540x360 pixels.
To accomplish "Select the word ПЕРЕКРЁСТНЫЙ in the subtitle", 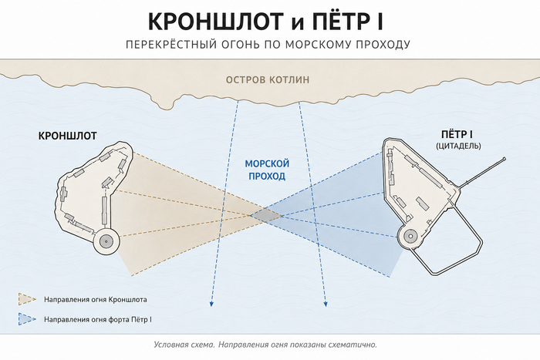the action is (172, 45).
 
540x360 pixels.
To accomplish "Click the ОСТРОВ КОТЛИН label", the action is (268, 80).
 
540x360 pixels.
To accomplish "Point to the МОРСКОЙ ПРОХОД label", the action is (267, 170).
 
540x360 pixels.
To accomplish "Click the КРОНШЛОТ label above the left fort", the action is (68, 136).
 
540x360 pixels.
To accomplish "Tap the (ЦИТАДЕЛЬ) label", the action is (458, 146).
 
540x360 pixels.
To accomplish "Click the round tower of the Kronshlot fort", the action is (106, 241).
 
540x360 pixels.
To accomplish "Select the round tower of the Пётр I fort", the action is (410, 237).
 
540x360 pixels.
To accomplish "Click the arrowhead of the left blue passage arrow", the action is (211, 304).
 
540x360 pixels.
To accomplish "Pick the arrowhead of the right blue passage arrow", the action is (326, 304).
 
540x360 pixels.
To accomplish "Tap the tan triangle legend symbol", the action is (27, 299).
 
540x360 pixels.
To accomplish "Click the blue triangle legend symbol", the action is (27, 319).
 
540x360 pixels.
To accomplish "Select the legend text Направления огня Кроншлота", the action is (96, 299).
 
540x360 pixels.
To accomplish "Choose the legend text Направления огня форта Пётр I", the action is (98, 319).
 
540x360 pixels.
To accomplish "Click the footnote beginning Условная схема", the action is (265, 345).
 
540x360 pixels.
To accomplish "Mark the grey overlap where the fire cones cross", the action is (266, 216).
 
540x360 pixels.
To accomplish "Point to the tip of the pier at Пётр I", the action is (505, 159).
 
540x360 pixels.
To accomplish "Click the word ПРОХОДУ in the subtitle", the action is (383, 45).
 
